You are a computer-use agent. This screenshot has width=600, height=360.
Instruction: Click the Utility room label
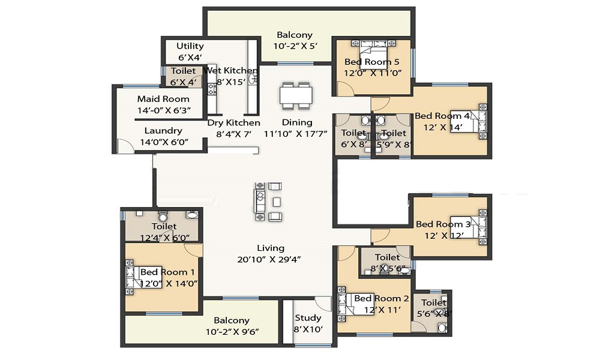(x=190, y=46)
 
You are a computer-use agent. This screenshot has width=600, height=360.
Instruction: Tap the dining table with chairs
(x=296, y=95)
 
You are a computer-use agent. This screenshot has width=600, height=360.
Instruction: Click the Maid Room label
(x=163, y=99)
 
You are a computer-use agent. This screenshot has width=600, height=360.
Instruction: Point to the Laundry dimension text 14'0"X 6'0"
(x=164, y=142)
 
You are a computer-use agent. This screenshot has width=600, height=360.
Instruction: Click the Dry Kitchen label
(x=234, y=123)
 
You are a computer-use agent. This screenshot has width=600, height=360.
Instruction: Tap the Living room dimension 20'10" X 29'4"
(x=269, y=259)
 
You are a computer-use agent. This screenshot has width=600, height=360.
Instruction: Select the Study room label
(x=308, y=318)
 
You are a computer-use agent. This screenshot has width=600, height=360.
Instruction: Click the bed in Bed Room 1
(x=144, y=277)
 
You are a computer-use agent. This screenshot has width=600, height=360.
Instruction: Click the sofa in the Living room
(x=260, y=202)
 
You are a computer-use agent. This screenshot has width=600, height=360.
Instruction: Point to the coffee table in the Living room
(x=277, y=202)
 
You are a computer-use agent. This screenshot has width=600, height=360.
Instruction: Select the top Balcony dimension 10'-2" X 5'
(x=295, y=46)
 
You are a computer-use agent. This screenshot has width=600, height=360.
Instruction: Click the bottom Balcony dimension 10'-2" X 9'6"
(x=232, y=332)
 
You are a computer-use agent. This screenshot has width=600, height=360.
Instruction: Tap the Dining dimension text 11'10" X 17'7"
(x=296, y=134)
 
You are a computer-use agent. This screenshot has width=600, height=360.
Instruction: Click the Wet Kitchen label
(x=230, y=70)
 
